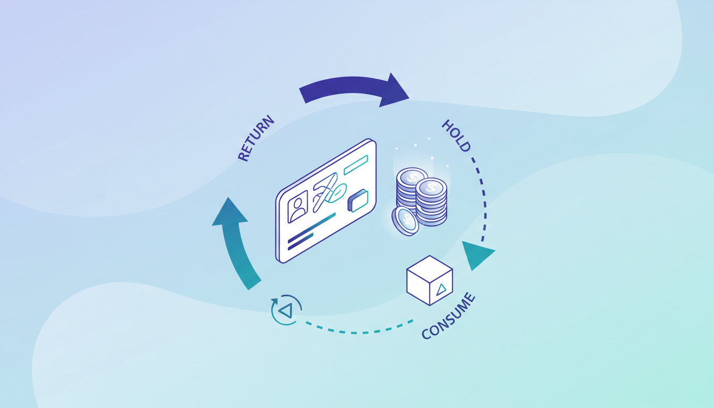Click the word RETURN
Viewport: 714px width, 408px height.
tap(256, 138)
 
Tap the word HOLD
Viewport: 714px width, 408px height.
tap(456, 136)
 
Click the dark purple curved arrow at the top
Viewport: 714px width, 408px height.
tap(353, 88)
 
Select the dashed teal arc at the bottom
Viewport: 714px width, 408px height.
tap(361, 330)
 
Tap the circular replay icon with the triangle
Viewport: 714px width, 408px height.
tap(286, 310)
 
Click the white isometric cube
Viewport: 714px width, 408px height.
tap(429, 280)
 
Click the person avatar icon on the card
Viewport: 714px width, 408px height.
tap(297, 206)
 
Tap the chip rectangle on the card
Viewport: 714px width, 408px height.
tap(358, 200)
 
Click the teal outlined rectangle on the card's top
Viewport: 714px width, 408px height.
tap(356, 165)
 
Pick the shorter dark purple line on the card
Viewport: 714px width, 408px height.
tap(300, 241)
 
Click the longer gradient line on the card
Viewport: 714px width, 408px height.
tap(311, 227)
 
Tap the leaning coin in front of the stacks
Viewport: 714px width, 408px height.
tap(405, 220)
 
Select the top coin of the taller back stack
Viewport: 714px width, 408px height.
tap(412, 177)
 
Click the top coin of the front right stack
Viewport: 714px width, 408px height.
tap(431, 187)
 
